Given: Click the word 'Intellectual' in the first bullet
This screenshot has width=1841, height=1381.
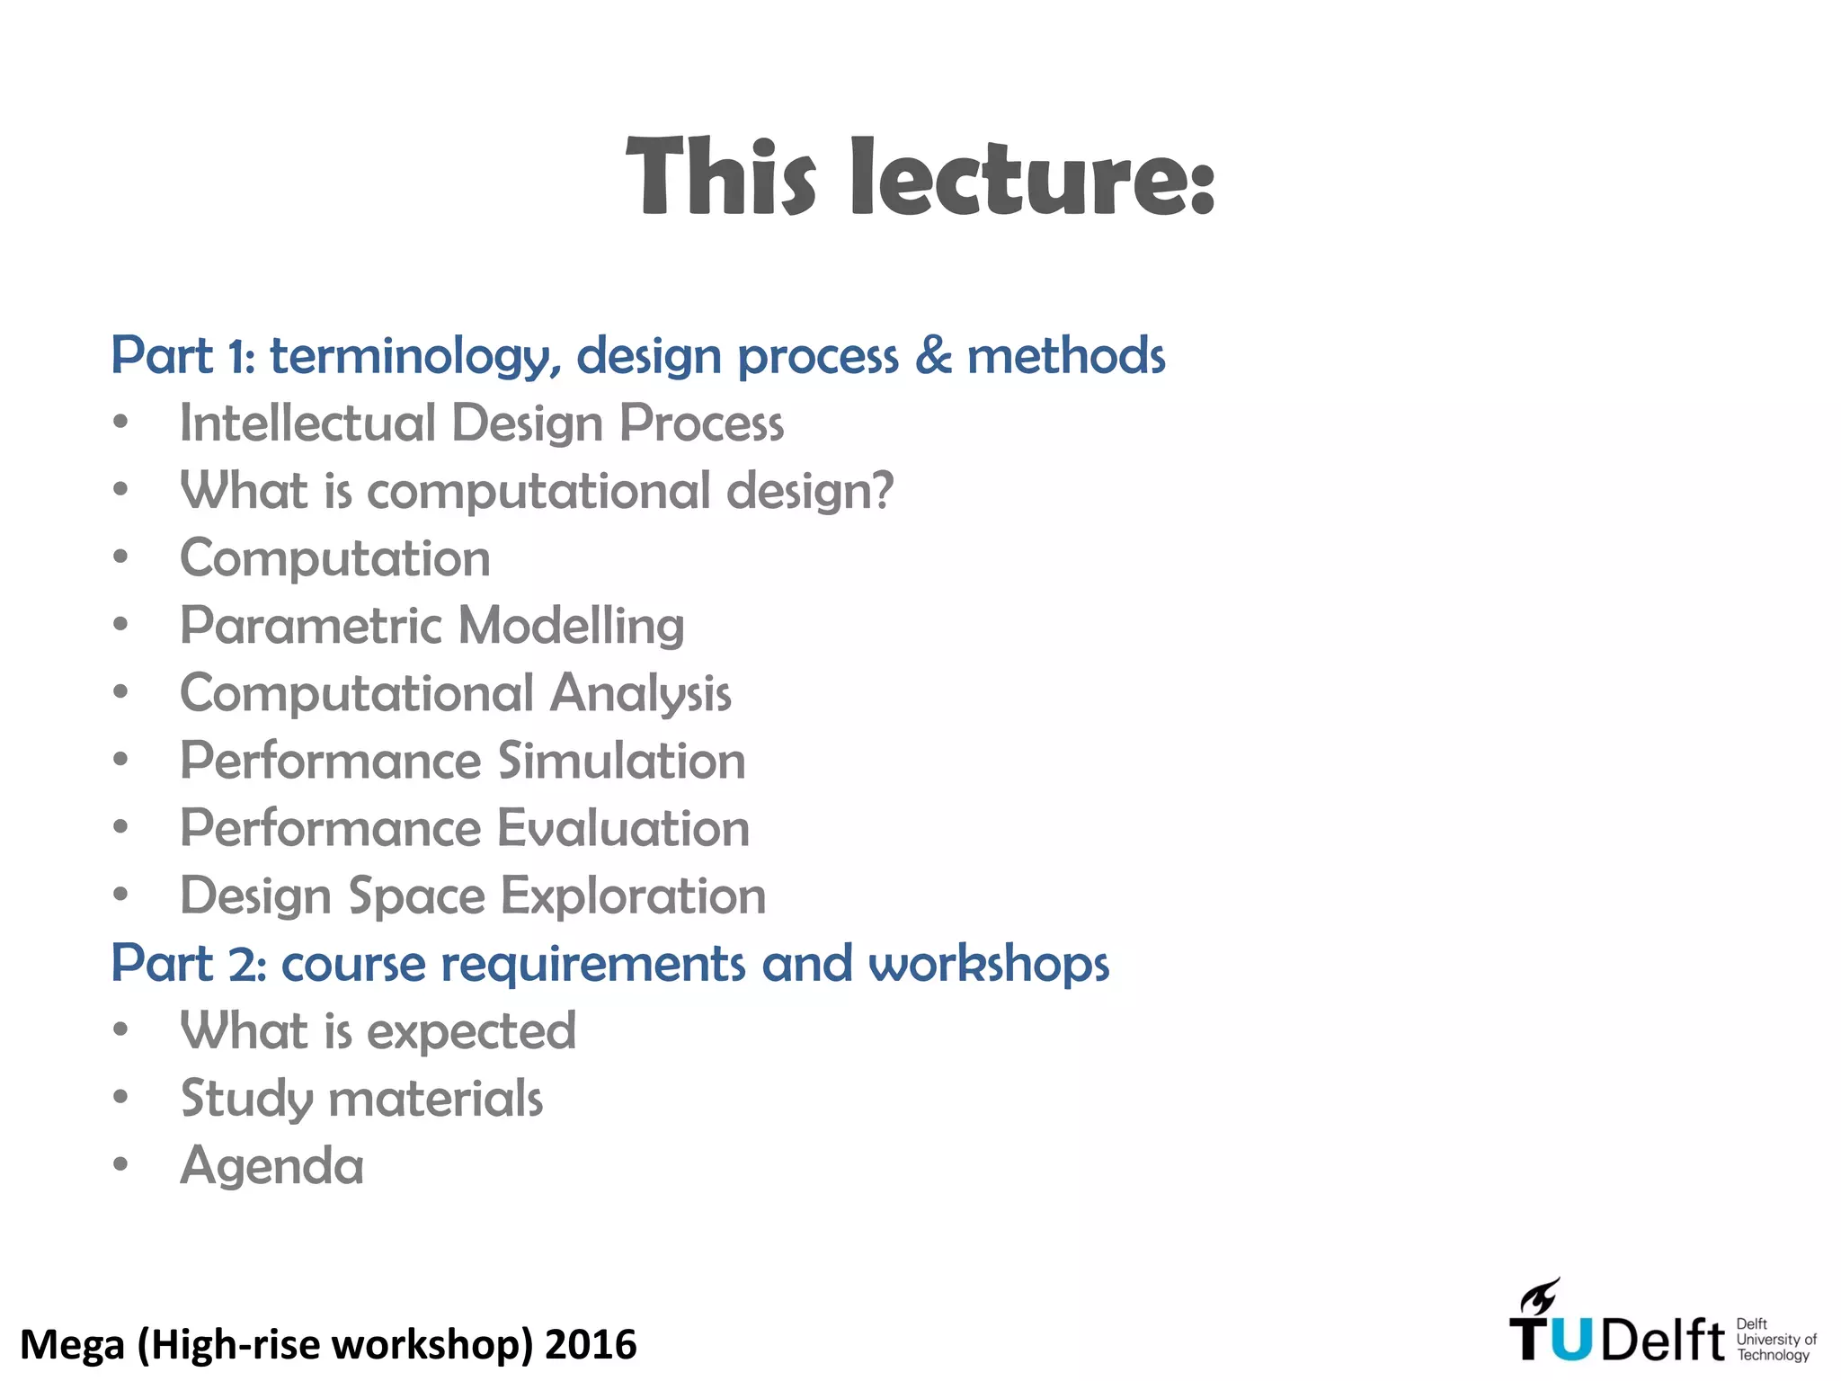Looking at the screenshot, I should click(x=307, y=423).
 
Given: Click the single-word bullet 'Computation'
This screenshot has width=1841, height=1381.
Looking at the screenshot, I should click(x=335, y=558).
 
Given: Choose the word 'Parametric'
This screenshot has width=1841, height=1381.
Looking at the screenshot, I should click(x=311, y=626).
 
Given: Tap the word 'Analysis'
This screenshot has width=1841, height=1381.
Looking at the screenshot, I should click(x=641, y=694).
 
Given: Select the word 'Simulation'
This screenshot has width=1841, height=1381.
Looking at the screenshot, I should click(x=622, y=761).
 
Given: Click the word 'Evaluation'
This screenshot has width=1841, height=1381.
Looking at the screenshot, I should click(x=624, y=828).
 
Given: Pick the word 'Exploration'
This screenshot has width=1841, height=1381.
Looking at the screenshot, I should click(x=634, y=896).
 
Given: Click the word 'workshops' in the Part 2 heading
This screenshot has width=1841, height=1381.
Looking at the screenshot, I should click(x=989, y=964).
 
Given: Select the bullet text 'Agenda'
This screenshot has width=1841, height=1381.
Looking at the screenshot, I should click(x=272, y=1166).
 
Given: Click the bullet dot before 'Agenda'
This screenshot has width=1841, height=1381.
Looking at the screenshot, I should click(x=121, y=1164).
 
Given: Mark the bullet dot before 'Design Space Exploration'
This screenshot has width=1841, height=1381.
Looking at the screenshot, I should click(x=121, y=895).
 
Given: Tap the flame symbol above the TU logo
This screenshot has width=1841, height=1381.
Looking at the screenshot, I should click(x=1540, y=1297).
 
